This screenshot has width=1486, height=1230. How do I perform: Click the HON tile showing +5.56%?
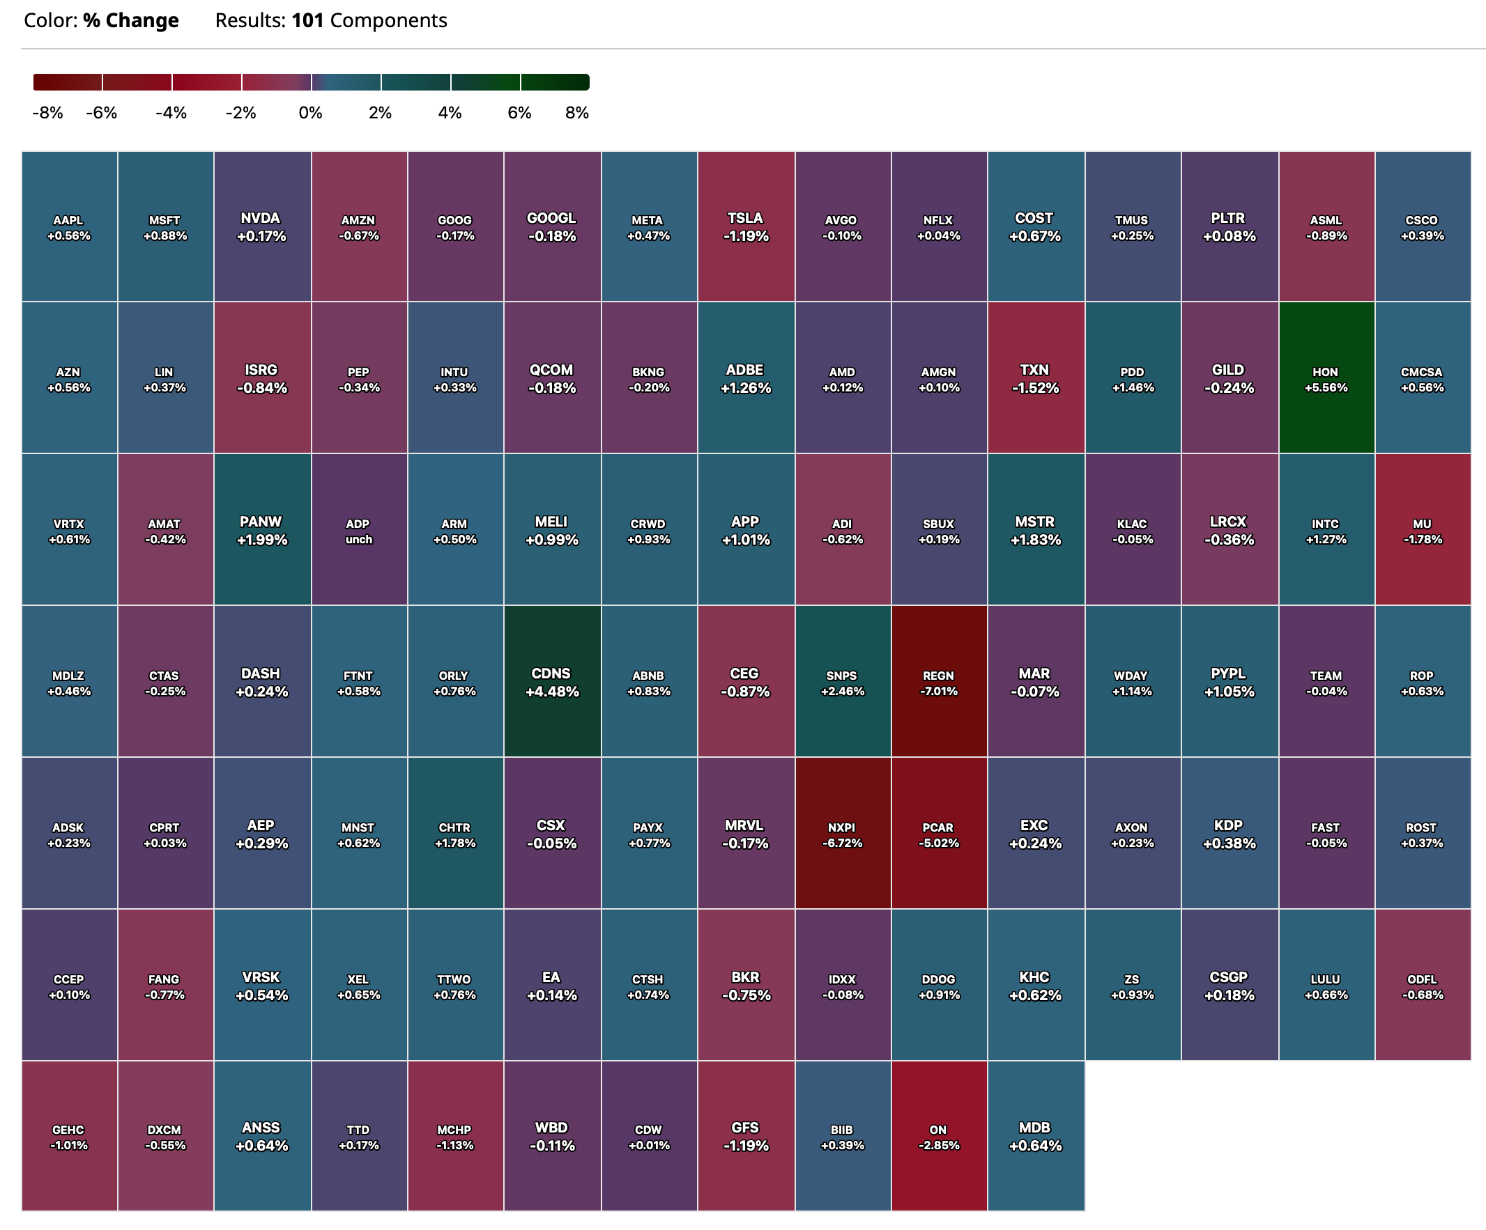point(1326,378)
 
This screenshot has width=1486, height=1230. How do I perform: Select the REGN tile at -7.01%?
point(939,682)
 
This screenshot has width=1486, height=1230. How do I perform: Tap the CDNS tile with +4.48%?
point(552,682)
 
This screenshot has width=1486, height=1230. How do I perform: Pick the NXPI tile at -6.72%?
point(842,834)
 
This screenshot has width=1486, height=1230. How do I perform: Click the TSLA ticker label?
point(745,219)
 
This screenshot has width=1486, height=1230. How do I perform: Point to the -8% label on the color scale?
point(47,113)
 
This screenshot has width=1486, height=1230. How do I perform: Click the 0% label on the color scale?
point(311,113)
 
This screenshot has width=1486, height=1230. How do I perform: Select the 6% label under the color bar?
point(519,113)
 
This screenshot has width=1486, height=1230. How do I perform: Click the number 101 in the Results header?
point(307,20)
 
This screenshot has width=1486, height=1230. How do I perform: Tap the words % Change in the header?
point(131,20)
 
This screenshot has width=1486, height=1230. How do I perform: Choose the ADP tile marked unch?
point(359,531)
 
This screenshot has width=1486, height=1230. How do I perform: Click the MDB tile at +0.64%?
point(1035,1136)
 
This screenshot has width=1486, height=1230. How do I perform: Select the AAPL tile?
point(68,227)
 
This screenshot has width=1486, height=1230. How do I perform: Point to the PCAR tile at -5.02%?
point(939,834)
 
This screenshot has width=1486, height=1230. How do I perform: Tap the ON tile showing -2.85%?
point(939,1136)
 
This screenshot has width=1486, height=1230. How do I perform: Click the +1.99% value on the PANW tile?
point(262,540)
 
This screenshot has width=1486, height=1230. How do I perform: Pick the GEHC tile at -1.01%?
point(68,1136)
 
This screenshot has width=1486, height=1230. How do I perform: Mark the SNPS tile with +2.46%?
point(842,682)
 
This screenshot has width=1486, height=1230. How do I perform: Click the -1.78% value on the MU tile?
point(1423,540)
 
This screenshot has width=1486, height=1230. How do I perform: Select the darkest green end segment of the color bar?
point(555,82)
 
